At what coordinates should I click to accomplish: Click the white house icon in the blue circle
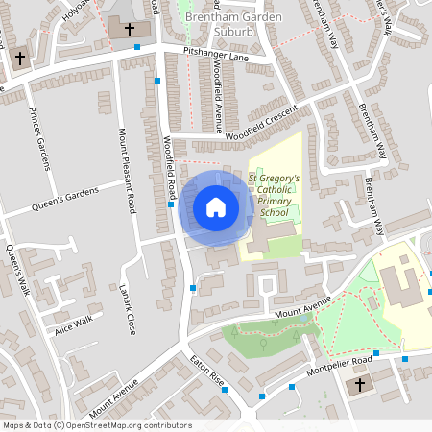point(215,207)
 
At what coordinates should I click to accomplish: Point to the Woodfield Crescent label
point(262,125)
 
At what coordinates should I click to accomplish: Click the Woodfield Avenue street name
point(219,99)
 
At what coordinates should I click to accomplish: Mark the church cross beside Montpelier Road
point(360,385)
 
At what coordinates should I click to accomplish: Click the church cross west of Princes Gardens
point(19,59)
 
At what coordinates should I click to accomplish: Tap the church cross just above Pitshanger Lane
point(130,28)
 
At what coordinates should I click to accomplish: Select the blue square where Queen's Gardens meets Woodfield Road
point(171,204)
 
